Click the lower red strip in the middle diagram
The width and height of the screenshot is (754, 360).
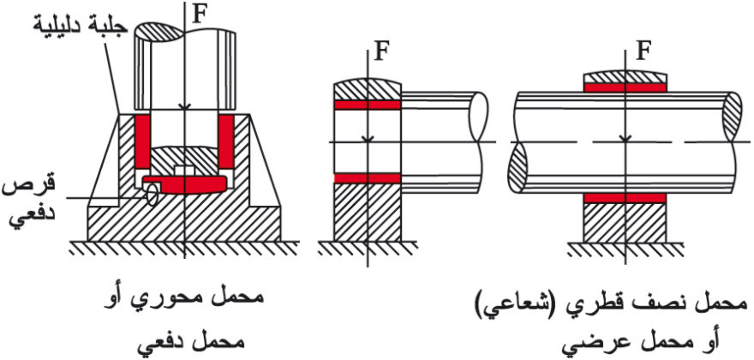[366, 178]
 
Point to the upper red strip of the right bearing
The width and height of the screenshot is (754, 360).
[625, 87]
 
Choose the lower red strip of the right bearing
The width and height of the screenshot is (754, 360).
[625, 198]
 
